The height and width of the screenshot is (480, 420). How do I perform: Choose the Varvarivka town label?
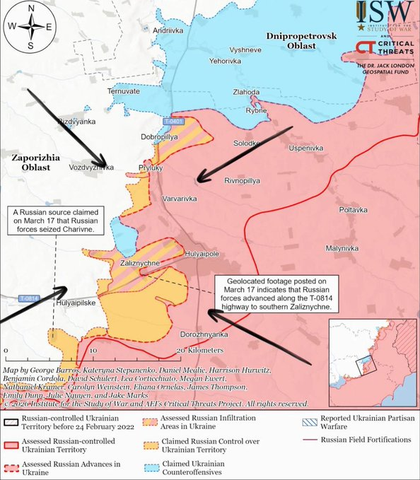click(x=180, y=199)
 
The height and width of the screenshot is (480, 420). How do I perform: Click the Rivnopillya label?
click(x=243, y=180)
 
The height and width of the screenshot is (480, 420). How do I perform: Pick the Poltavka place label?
click(x=353, y=210)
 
